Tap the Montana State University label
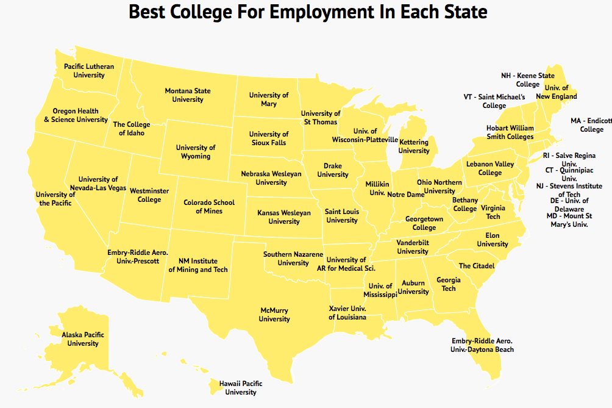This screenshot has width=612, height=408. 188,95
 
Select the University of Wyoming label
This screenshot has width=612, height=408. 196,152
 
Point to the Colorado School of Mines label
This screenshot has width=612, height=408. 209,207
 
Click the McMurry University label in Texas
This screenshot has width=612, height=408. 274,315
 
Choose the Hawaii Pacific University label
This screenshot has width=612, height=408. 241,388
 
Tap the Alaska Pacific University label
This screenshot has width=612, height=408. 83,339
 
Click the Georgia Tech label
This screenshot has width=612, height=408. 449,284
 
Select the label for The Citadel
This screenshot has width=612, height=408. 477,266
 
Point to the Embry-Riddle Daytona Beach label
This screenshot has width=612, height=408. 482,345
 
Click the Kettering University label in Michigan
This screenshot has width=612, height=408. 414,146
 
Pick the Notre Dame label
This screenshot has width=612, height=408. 405,195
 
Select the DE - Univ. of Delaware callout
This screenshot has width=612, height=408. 569,205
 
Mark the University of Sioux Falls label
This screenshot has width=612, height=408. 269,138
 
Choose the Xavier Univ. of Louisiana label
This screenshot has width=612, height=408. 347,313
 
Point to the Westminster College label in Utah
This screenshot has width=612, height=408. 149,195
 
